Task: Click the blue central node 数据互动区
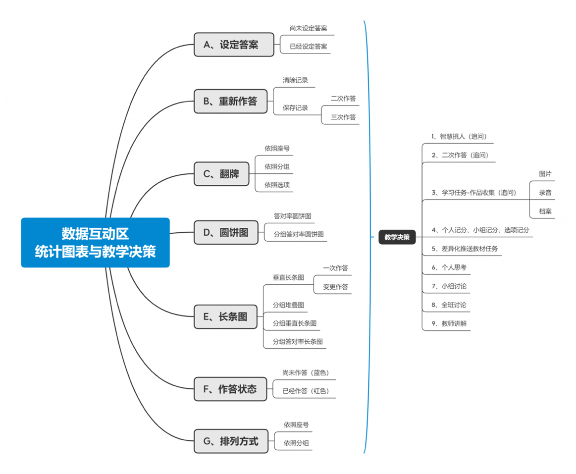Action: pos(95,242)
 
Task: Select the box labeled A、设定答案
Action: pos(233,45)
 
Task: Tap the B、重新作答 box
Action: pos(233,101)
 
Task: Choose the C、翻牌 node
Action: pos(221,174)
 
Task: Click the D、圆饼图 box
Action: pos(226,232)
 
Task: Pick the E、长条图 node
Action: pos(225,316)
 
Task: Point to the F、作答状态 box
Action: pos(230,389)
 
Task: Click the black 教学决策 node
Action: pos(397,237)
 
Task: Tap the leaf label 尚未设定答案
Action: pos(308,28)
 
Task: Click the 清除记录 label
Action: pos(296,80)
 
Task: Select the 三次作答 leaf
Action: pos(343,117)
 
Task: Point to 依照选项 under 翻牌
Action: pos(277,185)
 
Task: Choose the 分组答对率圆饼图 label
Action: pos(299,234)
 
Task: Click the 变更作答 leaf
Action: pos(335,287)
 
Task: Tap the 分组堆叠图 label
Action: pos(288,305)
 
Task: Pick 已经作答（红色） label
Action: pos(306,391)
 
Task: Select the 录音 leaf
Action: pos(545,193)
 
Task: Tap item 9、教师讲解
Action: pos(449,324)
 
